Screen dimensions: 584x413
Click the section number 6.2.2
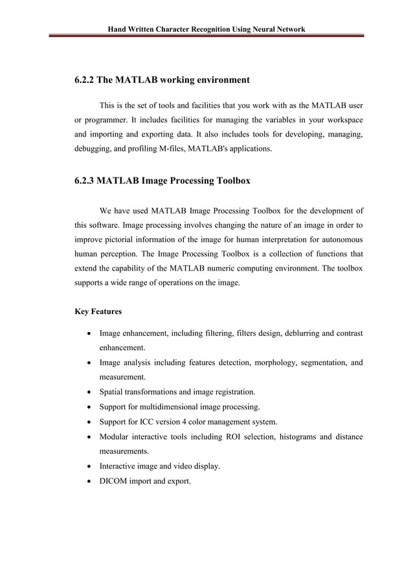coord(84,80)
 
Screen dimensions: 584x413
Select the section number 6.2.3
coord(84,181)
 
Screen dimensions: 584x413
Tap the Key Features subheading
coord(98,311)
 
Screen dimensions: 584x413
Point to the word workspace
coord(342,120)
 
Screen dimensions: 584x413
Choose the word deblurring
coord(292,333)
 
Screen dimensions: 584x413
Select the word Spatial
coord(113,392)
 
